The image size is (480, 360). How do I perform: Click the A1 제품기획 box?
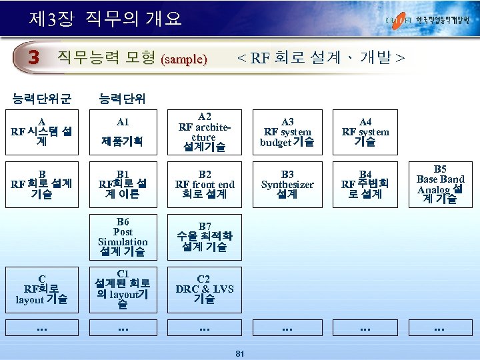click(123, 132)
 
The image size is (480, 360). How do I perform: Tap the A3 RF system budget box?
click(287, 132)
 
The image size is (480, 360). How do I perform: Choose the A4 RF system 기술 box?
click(365, 132)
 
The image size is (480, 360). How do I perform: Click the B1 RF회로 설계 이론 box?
click(123, 184)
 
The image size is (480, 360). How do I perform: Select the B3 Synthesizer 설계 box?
click(287, 184)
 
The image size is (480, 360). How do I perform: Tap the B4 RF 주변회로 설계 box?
click(365, 184)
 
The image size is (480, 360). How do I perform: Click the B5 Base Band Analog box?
click(440, 184)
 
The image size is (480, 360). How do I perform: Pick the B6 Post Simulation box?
click(123, 237)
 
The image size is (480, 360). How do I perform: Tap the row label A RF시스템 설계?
click(41, 132)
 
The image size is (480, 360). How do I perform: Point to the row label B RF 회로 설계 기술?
click(41, 184)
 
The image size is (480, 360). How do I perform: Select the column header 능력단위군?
click(41, 100)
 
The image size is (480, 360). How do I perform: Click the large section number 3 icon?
click(33, 58)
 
